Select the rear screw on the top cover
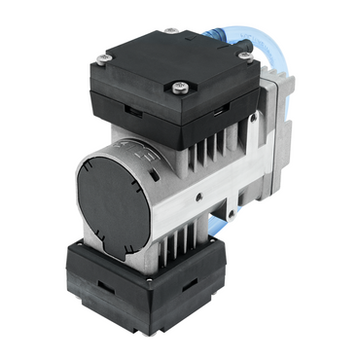coord(171,30)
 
